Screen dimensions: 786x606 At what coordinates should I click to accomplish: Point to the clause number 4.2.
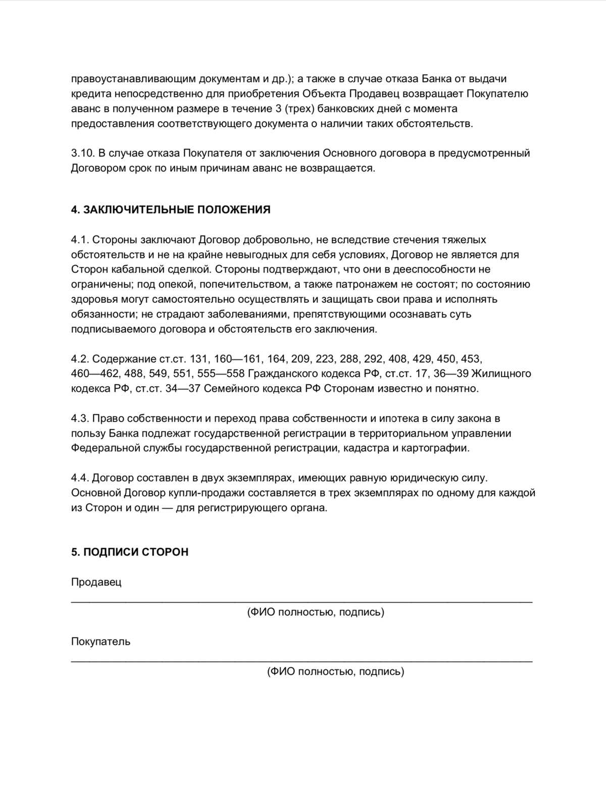pos(80,359)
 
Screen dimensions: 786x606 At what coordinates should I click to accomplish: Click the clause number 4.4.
pos(80,478)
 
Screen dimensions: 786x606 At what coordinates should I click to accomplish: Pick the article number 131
pos(199,359)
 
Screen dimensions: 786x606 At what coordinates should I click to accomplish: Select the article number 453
pos(472,359)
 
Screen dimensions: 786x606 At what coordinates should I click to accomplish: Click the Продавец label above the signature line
pos(96,582)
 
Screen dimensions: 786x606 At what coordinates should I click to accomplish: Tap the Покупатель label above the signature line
pos(101,642)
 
